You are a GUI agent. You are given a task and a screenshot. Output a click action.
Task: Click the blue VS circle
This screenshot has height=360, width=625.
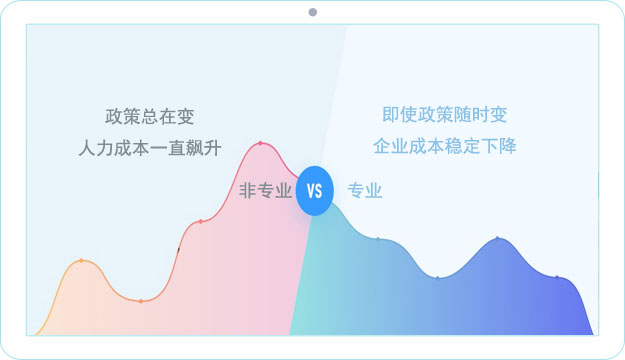click(314, 191)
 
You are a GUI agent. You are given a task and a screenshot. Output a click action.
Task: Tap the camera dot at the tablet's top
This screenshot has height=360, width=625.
click(312, 12)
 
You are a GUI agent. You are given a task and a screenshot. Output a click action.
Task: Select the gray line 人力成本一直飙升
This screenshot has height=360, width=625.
click(149, 147)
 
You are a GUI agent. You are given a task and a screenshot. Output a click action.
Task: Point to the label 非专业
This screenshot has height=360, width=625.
click(265, 191)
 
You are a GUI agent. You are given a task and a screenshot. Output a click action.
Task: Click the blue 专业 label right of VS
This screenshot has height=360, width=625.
click(365, 191)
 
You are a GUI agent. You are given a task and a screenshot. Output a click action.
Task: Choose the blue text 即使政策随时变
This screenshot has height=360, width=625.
click(445, 115)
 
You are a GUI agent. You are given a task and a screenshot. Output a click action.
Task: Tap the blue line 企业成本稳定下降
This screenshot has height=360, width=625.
click(445, 147)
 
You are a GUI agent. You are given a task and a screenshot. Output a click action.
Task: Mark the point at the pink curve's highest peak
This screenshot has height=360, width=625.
click(261, 143)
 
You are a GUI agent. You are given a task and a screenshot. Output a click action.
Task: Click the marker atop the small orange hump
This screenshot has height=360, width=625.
click(81, 261)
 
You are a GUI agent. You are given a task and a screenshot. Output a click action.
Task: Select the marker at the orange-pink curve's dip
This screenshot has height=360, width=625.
click(141, 301)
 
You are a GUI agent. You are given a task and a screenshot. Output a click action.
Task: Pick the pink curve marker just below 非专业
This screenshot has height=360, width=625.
click(201, 221)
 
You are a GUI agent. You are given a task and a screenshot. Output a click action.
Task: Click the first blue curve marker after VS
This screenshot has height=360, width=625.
click(377, 239)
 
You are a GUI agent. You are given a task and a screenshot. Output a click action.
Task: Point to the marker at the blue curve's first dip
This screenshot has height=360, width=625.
click(437, 277)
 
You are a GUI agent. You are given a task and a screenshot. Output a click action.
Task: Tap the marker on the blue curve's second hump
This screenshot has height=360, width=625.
click(497, 238)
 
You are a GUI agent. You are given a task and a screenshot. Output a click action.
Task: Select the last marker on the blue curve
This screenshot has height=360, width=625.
click(557, 277)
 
